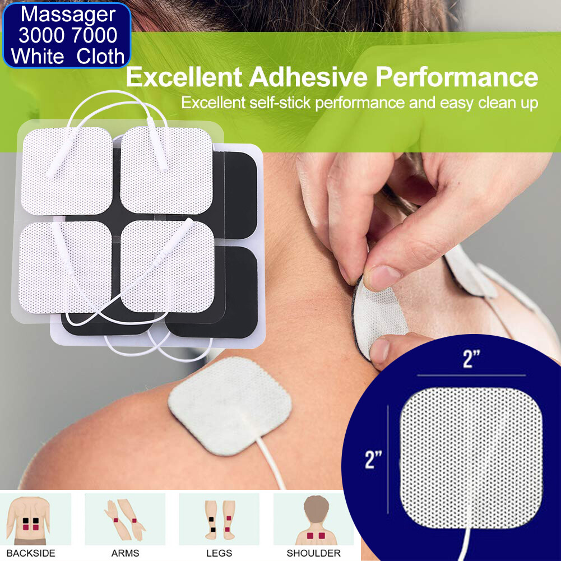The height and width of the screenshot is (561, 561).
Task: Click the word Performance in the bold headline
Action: [x=457, y=77]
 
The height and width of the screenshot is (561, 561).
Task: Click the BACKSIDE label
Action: [x=35, y=553]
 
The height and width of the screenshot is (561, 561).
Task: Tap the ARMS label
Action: [x=125, y=553]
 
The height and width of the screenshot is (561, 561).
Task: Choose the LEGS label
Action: [x=219, y=553]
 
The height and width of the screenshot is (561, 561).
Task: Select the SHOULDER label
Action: [x=313, y=553]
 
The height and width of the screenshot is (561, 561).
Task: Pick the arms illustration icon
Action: [x=125, y=518]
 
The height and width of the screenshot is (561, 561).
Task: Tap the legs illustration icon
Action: [x=219, y=518]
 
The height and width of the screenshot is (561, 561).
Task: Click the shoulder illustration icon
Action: [x=313, y=518]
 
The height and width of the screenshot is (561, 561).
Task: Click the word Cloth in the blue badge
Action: [x=101, y=56]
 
